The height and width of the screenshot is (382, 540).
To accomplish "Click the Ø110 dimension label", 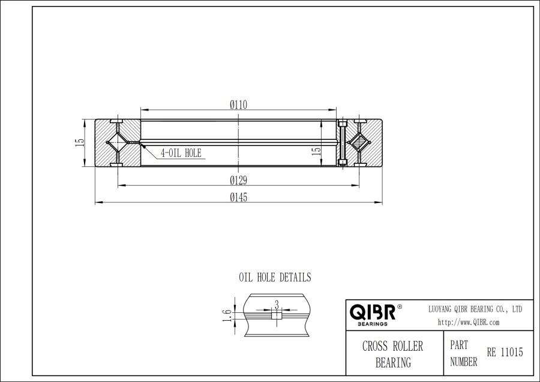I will click(x=239, y=105).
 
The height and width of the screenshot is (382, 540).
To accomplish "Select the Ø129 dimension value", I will click(x=239, y=180).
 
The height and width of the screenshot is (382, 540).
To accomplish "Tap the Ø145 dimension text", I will click(x=239, y=198).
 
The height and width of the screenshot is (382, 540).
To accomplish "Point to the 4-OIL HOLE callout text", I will click(x=181, y=153).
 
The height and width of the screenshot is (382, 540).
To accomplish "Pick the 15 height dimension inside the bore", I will click(x=316, y=152).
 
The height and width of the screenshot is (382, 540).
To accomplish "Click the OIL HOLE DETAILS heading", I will click(x=275, y=277).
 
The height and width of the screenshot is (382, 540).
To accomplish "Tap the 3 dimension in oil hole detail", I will click(x=277, y=304).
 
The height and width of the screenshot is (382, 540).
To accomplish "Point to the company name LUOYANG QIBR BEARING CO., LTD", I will click(x=475, y=309).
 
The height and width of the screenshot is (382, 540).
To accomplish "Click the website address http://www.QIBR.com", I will click(x=469, y=323).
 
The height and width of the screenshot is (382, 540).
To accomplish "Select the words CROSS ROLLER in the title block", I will click(x=392, y=347).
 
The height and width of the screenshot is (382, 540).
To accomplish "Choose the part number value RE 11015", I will click(x=505, y=353).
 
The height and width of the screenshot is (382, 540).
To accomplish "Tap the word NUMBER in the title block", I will click(x=464, y=362).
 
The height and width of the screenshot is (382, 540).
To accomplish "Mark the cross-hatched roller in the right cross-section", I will click(x=359, y=143).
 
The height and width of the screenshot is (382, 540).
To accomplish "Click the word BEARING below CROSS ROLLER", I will click(x=393, y=363).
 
